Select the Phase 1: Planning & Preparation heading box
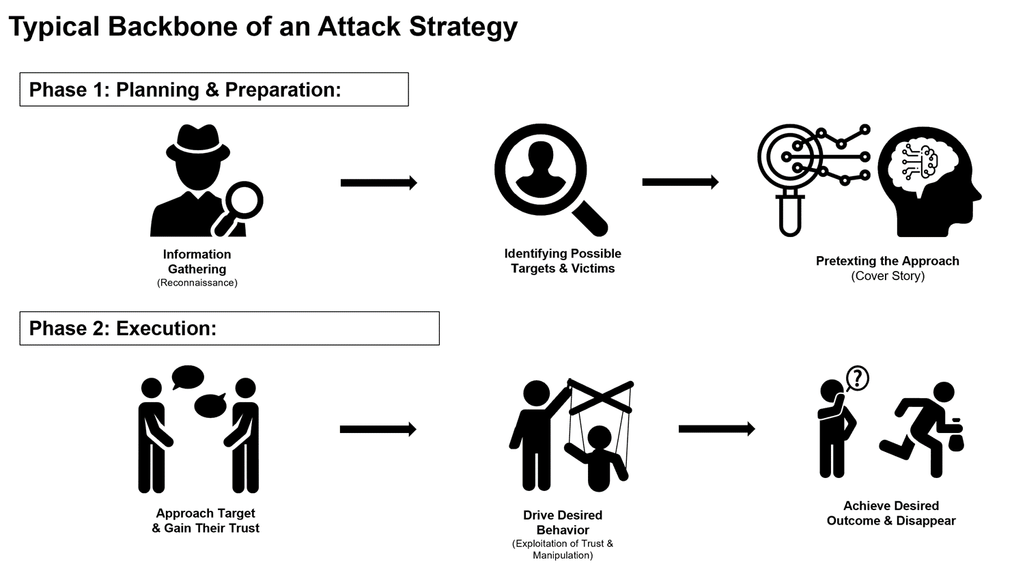pos(214,89)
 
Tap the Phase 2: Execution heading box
pos(229,328)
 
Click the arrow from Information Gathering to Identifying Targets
pos(378,182)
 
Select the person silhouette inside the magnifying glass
pos(541,168)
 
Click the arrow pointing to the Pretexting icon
pos(680,182)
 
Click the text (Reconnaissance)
pos(197,283)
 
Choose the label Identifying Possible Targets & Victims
pos(563,261)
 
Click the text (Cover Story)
pos(888,276)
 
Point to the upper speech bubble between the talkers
pos(188,377)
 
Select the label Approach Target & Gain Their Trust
pos(206,520)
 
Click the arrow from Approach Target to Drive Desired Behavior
pos(378,429)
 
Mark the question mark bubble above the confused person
pos(858,378)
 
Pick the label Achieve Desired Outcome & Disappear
pos(891,513)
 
